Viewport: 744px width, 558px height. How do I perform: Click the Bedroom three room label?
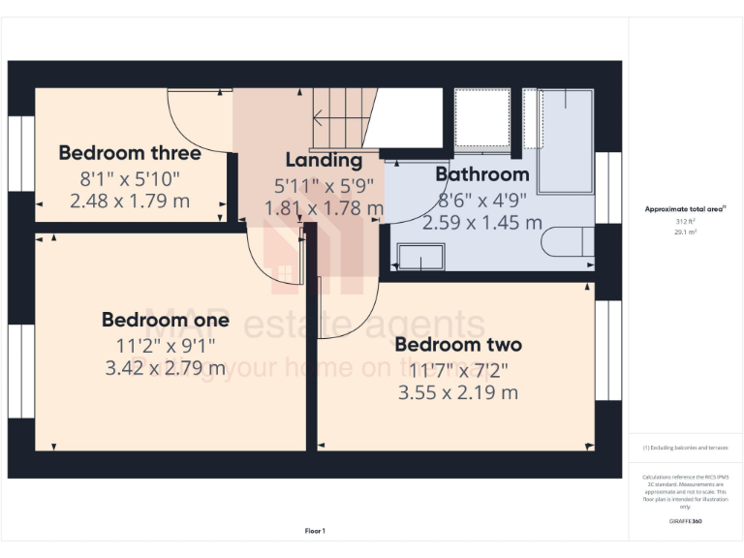(x=130, y=153)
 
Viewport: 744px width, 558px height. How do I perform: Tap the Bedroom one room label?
(x=166, y=320)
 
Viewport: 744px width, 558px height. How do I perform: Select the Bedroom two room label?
(x=458, y=345)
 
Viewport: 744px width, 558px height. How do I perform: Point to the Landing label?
(x=324, y=161)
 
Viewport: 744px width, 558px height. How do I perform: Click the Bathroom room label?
(x=481, y=174)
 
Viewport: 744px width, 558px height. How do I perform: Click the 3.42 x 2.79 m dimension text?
(x=166, y=368)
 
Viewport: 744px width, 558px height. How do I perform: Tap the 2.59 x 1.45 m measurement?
(x=481, y=223)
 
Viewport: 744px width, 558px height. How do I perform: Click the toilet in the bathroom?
(x=568, y=241)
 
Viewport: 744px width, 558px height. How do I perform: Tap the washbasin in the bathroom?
(x=420, y=257)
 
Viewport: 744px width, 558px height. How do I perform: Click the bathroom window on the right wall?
(x=607, y=187)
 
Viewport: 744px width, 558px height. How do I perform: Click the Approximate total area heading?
(x=685, y=209)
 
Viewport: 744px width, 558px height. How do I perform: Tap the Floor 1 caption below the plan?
(x=315, y=531)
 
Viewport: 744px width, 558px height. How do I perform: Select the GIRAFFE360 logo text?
(x=685, y=522)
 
